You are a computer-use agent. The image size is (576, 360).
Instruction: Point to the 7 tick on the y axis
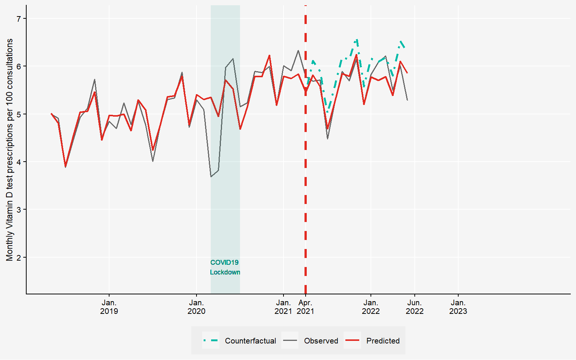19,18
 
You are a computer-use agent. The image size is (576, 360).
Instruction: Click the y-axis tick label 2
19,257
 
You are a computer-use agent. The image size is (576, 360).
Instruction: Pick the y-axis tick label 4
19,162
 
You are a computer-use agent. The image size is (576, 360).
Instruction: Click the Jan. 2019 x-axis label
109,307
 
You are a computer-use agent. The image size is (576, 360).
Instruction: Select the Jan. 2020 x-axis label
196,307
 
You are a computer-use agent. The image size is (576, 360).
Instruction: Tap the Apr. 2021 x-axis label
306,307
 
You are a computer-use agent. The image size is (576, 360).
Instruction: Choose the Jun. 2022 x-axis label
414,307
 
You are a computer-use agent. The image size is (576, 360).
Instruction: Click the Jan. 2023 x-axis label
458,307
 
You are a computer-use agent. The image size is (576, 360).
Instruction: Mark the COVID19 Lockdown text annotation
225,267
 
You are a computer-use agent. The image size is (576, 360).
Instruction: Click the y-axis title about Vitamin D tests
10,150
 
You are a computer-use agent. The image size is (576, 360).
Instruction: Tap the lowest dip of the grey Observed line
211,177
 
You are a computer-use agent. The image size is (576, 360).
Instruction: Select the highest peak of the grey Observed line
298,50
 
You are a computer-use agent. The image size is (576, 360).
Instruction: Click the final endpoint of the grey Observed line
407,100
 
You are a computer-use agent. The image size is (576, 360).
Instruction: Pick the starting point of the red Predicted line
51,114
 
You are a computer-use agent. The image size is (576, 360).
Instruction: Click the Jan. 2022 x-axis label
370,307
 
